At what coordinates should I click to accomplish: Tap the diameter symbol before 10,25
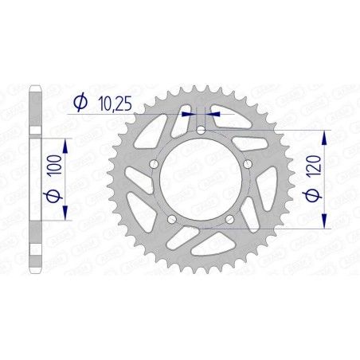point(80,102)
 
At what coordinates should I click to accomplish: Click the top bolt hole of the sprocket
point(202,129)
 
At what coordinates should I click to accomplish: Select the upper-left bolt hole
point(153,163)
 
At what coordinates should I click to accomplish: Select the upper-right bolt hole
point(248,163)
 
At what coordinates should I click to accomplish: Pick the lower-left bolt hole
point(172,219)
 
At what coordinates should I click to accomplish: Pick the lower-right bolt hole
point(230,219)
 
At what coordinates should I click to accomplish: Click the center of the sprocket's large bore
point(201,182)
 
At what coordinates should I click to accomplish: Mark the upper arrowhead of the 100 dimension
point(64,140)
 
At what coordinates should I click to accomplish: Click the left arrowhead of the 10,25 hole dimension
point(189,114)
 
